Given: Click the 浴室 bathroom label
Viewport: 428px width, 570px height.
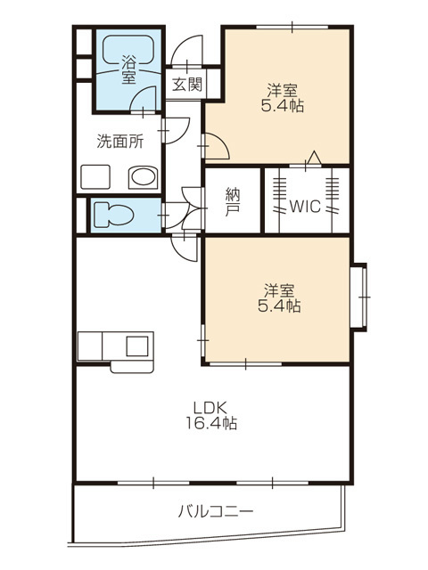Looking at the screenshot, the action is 128,69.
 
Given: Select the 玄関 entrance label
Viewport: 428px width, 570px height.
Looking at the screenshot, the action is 186,85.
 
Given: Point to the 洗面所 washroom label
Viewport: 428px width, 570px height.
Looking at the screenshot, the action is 119,142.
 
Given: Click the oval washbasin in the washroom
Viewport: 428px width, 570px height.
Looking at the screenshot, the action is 143,178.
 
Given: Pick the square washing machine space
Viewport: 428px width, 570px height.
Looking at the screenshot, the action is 95,177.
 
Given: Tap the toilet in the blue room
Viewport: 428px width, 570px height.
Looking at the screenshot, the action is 113,216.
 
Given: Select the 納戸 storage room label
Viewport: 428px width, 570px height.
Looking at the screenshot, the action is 233,201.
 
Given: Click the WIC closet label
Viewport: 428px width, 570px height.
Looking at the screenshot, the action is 305,207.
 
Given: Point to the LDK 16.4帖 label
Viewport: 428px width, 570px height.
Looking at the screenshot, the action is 211,415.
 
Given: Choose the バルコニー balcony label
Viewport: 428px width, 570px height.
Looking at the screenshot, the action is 216,512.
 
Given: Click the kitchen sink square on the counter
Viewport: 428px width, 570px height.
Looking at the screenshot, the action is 137,346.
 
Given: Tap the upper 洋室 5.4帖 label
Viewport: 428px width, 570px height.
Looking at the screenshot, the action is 282,97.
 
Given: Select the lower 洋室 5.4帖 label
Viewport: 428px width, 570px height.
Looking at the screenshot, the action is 279,298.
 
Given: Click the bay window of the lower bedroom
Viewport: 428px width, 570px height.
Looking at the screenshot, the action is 359,297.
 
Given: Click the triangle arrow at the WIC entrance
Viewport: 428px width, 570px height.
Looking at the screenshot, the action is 314,158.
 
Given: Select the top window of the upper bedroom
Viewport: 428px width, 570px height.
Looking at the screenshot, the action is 292,27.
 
